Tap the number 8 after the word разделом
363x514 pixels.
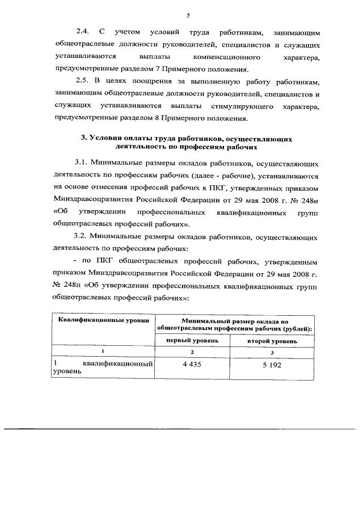click(163, 119)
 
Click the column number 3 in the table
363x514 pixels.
click(272, 352)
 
